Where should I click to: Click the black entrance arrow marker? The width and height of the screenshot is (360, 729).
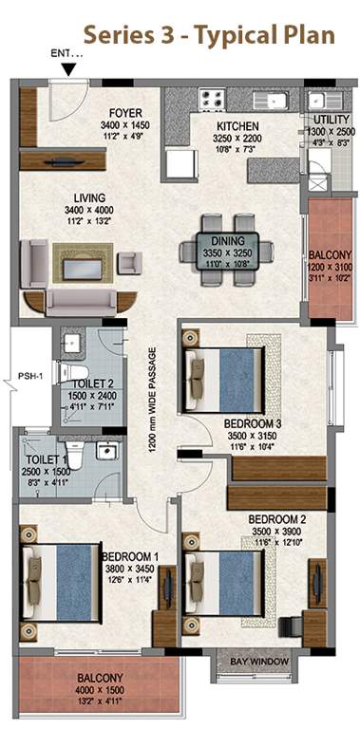[x=69, y=69]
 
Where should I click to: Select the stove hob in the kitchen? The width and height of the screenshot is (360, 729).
[x=212, y=100]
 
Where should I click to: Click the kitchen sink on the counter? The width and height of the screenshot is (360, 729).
[x=271, y=101]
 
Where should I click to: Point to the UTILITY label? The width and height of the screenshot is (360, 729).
[x=332, y=119]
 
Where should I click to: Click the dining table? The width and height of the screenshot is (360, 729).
[x=227, y=252]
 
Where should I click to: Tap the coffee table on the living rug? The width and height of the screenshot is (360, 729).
[x=83, y=270]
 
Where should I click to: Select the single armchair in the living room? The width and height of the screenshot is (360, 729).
[x=129, y=263]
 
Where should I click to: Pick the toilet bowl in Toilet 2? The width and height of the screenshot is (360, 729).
[x=73, y=372]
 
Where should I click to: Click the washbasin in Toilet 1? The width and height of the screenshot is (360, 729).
[x=107, y=450]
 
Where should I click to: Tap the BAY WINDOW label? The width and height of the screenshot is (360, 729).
[x=259, y=662]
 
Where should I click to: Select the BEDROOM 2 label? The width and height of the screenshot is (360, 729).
[x=276, y=519]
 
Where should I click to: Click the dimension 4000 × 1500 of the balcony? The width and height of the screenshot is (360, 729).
[x=100, y=690]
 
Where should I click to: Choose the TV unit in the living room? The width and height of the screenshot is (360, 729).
[x=63, y=160]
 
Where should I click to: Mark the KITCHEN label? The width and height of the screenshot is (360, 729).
[x=237, y=126]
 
